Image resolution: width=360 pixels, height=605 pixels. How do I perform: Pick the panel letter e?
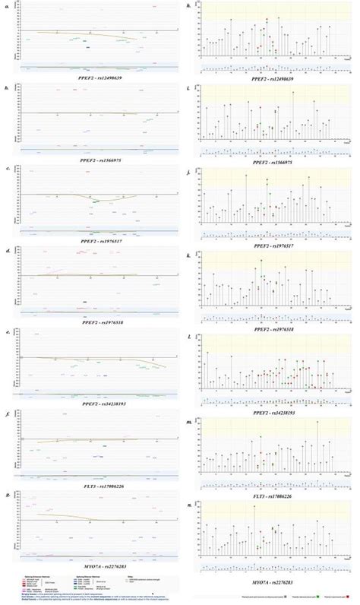(6, 331)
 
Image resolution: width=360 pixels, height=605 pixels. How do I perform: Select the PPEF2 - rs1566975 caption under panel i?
(270, 161)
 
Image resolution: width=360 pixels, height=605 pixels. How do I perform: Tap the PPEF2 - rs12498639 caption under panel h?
(270, 78)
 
